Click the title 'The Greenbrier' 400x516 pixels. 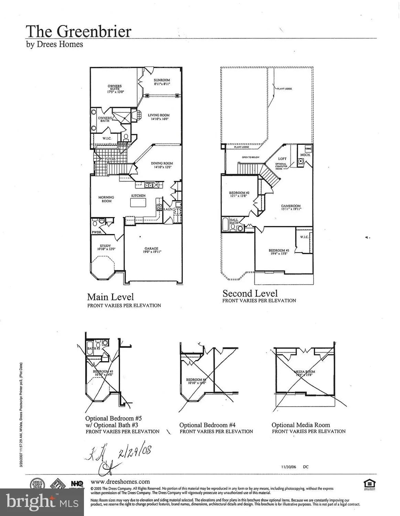(x=78, y=31)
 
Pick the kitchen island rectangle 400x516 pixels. (x=139, y=203)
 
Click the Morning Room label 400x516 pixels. (x=106, y=199)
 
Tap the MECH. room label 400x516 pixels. (x=305, y=155)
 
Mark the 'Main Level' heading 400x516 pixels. (x=110, y=297)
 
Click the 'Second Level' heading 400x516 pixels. (x=250, y=293)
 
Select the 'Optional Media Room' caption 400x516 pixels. (x=301, y=425)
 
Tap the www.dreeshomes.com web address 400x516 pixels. (x=120, y=482)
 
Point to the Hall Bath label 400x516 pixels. (x=234, y=221)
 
